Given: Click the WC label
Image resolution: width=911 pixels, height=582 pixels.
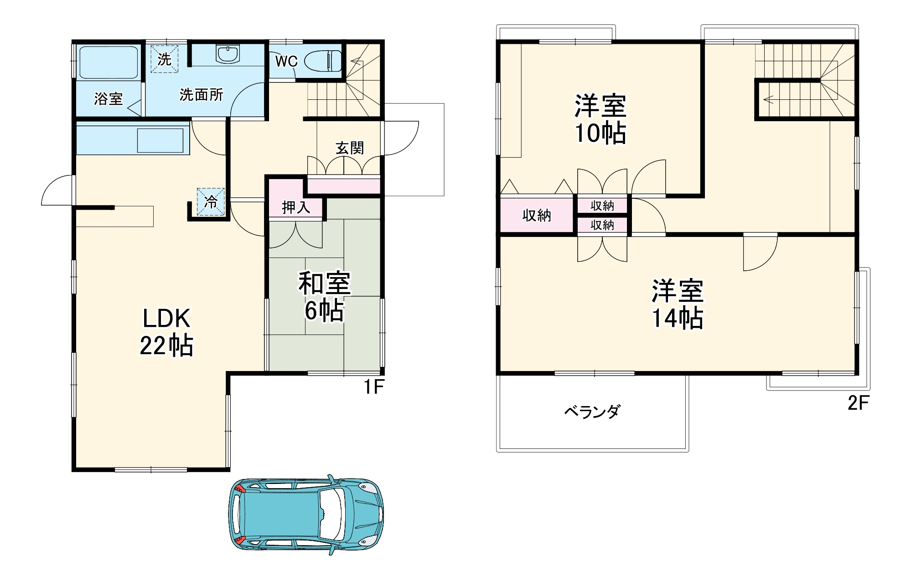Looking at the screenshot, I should point(286,61).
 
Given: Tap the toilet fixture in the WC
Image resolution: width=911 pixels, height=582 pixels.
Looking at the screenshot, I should point(322,61).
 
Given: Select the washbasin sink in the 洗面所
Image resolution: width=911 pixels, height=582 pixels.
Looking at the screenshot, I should point(227,54).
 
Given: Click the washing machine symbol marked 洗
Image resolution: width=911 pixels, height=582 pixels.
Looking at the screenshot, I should point(164,59).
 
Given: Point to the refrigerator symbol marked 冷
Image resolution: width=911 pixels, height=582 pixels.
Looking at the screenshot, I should point(211,201).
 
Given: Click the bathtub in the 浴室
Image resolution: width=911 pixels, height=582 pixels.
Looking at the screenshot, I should point(109,62).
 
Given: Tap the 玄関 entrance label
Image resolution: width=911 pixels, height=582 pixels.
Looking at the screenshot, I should point(350,148).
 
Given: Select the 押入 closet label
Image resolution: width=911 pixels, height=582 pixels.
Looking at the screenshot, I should point(296,207).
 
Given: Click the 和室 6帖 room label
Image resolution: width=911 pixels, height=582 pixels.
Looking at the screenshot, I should point(324,296).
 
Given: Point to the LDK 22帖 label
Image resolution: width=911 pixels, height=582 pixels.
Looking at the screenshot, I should point(166,331).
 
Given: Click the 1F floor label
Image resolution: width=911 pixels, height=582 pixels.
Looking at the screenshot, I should point(374,387).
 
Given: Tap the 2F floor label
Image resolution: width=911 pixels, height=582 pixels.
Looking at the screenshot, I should point(858,403).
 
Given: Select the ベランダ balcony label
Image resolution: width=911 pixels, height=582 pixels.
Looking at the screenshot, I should point(592,412).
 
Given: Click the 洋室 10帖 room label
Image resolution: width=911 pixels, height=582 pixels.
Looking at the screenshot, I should point(600,119).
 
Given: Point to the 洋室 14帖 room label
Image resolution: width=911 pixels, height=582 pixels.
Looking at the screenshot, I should point(678,304).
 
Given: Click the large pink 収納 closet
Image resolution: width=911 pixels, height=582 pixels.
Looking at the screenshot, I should point(537,215).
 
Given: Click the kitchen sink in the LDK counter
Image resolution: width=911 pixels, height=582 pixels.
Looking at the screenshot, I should point(160,140).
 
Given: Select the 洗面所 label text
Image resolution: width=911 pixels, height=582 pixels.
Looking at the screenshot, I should point(201,95).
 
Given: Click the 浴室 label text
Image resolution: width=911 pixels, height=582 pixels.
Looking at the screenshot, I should point(108,98).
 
